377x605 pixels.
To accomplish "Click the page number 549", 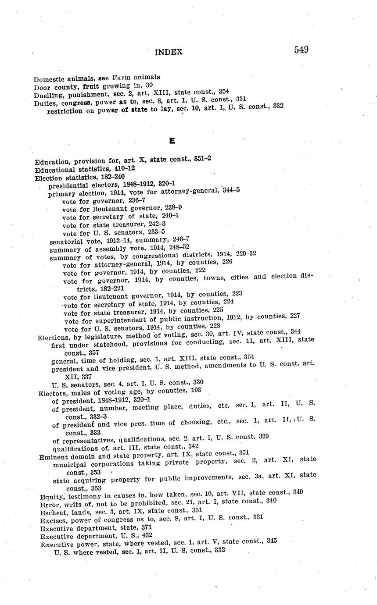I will point(301,50).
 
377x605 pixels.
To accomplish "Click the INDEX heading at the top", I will point(169,52).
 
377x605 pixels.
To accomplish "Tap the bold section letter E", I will point(172,141).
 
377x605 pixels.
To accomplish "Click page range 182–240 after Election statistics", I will point(113,177).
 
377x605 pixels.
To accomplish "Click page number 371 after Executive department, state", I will point(147,527).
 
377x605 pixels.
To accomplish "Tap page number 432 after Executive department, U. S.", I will point(147,535).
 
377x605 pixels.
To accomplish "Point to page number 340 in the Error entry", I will point(271,501).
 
